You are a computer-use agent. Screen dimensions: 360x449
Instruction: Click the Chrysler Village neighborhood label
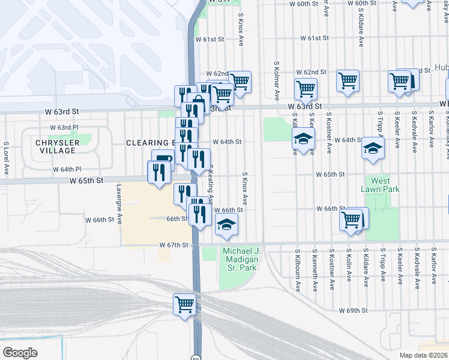click(x=57, y=147)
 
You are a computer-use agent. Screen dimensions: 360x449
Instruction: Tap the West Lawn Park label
click(x=380, y=184)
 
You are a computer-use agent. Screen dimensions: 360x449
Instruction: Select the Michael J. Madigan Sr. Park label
click(x=241, y=259)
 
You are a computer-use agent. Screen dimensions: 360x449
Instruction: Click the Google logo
click(x=20, y=353)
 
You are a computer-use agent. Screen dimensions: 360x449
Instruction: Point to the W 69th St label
click(x=352, y=310)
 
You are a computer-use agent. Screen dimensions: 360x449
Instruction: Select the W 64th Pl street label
click(x=70, y=169)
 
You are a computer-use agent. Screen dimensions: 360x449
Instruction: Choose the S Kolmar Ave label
click(x=277, y=80)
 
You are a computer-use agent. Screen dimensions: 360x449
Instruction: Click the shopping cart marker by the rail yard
click(x=184, y=303)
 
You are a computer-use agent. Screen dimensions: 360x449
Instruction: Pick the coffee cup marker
click(x=161, y=158)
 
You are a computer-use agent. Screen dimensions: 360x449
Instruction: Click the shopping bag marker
click(x=198, y=101)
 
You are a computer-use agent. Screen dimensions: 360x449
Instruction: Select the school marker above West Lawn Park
click(x=373, y=147)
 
